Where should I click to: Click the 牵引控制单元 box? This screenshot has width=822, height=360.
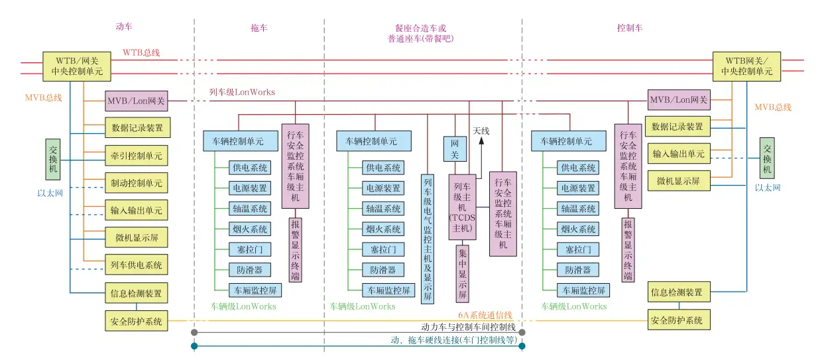[x=136, y=156]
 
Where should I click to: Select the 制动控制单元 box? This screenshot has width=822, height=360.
[x=136, y=183]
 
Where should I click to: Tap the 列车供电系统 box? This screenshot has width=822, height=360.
[x=136, y=265]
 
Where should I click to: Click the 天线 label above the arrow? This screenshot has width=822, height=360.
[x=481, y=131]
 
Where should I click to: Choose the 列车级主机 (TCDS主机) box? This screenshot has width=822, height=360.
[x=461, y=208]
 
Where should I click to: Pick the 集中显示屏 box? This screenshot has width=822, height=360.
[x=461, y=272]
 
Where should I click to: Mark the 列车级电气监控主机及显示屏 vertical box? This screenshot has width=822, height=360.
[x=428, y=238]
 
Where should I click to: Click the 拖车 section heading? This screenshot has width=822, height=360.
[x=259, y=28]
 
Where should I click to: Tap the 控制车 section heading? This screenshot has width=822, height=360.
[x=629, y=28]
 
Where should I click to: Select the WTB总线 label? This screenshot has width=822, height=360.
[x=141, y=52]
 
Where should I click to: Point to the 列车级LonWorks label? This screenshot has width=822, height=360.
[x=242, y=92]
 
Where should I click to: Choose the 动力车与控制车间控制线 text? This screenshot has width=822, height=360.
[x=469, y=326]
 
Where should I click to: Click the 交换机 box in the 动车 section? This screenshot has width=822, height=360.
[x=54, y=159]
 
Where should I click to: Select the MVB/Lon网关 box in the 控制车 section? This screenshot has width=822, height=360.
[x=678, y=100]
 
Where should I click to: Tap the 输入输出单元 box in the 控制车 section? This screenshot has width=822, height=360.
[x=678, y=154]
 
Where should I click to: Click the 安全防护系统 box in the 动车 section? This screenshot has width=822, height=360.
[x=136, y=321]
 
